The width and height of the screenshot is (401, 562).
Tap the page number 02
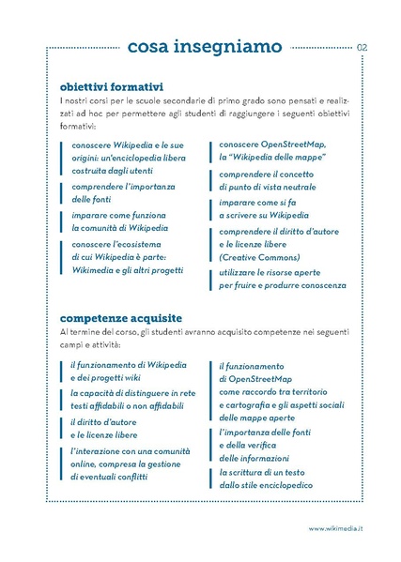[x=362, y=47]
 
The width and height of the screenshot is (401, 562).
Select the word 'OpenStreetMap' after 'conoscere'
[x=293, y=145]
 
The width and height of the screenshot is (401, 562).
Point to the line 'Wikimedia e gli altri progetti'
[x=131, y=269]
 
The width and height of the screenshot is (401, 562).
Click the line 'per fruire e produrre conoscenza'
[x=282, y=284]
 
